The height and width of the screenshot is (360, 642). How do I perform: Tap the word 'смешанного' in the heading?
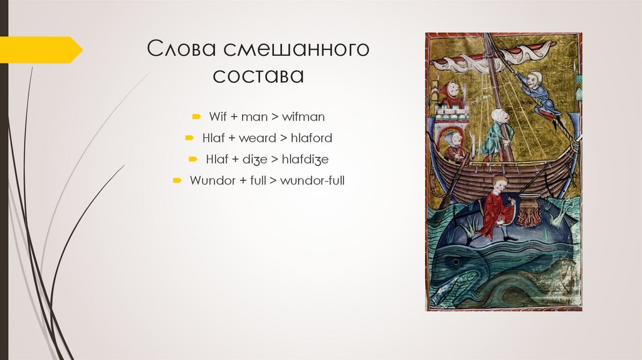click(x=297, y=50)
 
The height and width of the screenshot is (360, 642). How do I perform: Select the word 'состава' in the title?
click(x=258, y=77)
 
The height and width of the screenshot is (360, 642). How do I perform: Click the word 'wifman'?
click(x=303, y=117)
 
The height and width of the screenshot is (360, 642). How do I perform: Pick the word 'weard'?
click(x=257, y=139)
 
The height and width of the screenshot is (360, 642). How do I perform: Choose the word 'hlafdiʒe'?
click(x=305, y=160)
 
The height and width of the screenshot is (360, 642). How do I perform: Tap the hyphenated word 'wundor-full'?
click(x=312, y=181)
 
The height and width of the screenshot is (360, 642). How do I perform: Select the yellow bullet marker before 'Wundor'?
click(x=178, y=181)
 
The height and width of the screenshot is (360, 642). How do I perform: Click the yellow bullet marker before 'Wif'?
click(x=196, y=117)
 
